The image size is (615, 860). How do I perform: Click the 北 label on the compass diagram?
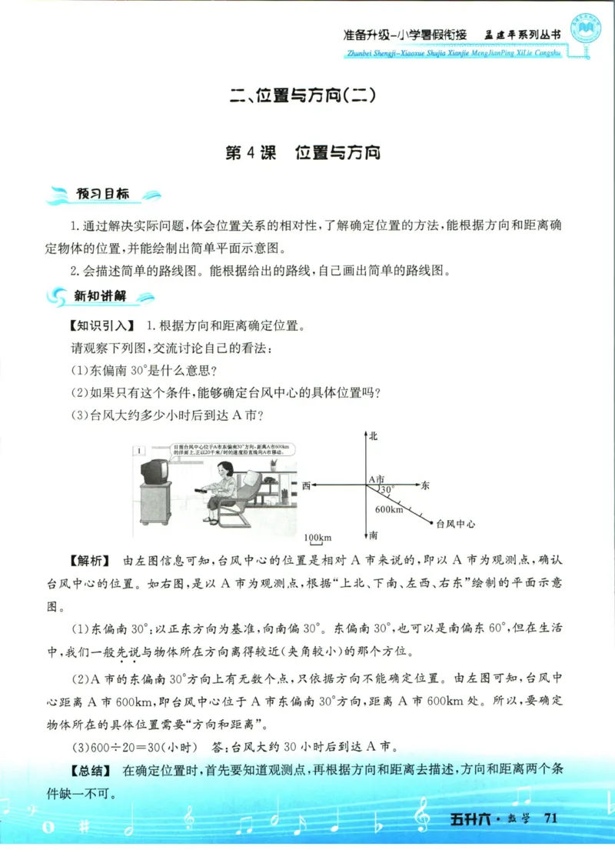click(374, 436)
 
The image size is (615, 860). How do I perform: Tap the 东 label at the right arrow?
click(425, 485)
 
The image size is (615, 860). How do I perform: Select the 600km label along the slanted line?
click(389, 508)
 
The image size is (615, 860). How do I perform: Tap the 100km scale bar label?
click(317, 535)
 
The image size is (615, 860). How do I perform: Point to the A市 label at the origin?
click(376, 478)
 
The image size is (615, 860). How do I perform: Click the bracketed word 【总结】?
click(91, 770)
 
